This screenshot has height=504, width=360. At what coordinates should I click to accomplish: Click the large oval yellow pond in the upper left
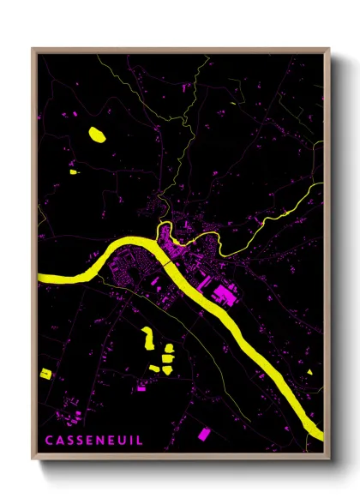coord(96,134)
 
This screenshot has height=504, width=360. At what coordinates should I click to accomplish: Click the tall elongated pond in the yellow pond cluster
coord(147,338)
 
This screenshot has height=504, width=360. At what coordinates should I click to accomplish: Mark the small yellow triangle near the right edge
coord(309,372)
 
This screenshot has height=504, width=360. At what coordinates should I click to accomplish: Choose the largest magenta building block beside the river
coord(225,296)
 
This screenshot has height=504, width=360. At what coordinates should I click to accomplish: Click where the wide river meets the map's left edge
coord(40,277)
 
